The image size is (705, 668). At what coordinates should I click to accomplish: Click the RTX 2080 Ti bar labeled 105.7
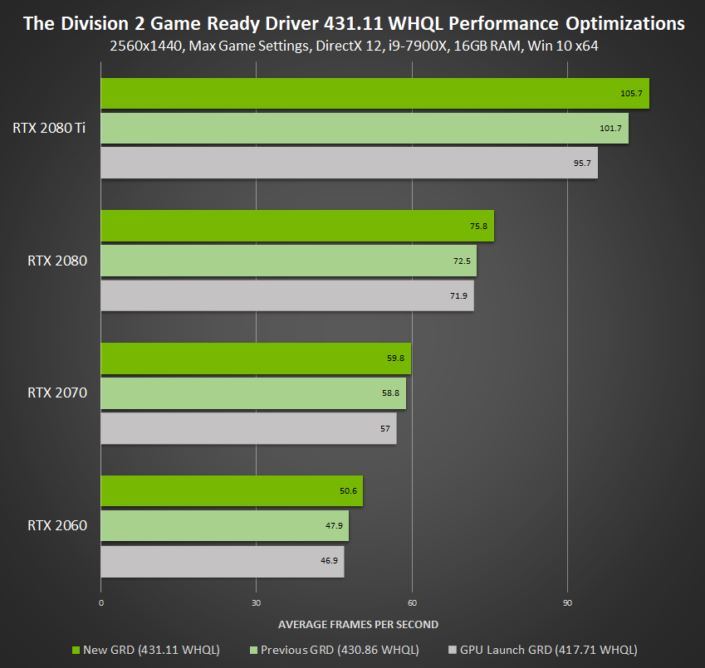point(374,93)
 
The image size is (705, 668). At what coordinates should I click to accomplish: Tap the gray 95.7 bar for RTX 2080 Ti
point(349,163)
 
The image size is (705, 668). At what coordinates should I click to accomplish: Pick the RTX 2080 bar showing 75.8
point(296,226)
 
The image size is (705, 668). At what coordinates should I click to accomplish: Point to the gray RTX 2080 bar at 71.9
point(286,295)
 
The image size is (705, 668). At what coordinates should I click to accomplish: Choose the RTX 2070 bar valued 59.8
point(255,358)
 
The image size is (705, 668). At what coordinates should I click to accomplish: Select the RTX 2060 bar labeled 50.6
point(231,491)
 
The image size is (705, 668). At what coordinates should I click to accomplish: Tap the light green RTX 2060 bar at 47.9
point(224,526)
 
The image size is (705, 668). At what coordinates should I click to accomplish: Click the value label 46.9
point(328,561)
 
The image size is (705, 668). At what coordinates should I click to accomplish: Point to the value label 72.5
point(461,261)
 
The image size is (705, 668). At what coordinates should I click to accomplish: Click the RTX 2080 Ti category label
point(49,128)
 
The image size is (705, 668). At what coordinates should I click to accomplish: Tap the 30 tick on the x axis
point(256,603)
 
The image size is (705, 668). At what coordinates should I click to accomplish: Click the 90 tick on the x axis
point(567,603)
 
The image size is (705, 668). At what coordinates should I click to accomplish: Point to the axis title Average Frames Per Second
point(358,624)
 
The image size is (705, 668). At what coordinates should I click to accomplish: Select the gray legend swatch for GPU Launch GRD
point(453,650)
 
